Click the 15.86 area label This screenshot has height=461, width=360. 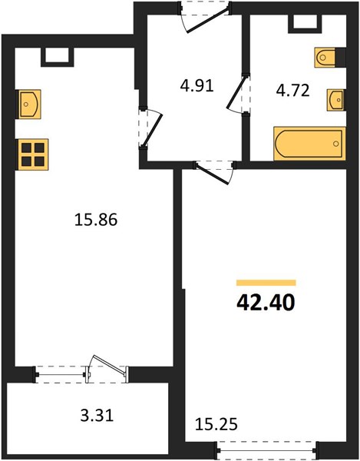pos(96,220)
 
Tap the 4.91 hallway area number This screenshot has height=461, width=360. pos(197,86)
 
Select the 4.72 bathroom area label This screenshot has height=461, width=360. pos(292,91)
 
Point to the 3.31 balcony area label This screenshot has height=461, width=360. pos(97,416)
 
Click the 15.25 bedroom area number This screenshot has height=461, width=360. pos(216,424)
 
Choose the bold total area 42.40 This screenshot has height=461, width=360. pos(266,303)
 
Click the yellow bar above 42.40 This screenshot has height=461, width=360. pos(266,283)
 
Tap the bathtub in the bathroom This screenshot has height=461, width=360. pos(309,144)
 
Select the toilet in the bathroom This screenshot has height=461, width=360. pos(325,58)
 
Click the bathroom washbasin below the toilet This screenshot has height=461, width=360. pos(336,100)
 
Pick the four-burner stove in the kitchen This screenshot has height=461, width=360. pos(33,154)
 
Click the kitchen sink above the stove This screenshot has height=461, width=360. pos(29,104)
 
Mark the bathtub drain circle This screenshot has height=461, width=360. pos(336,144)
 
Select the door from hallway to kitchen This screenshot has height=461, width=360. pos(151,129)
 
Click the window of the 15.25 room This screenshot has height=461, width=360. pos(266,449)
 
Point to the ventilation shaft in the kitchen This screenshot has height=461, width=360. pos(58,56)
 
